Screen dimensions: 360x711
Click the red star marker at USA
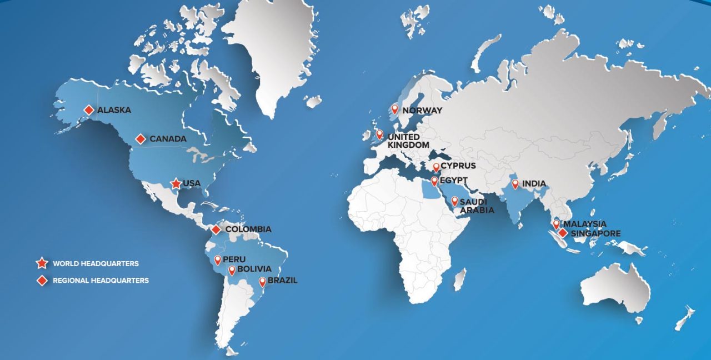point(176,183)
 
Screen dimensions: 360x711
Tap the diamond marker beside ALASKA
point(89,110)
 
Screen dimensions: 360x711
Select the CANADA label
point(168,139)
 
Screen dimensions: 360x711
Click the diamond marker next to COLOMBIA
point(216,229)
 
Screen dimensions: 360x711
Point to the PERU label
point(234,259)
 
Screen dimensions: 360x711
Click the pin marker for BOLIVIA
point(232,271)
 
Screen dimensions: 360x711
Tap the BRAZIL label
point(282,281)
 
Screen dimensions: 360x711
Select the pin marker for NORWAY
point(395,109)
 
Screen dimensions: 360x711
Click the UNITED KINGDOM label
point(408,141)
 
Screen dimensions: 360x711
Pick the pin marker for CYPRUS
point(436,167)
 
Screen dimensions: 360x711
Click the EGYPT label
point(454,181)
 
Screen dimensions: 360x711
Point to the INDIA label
point(533,184)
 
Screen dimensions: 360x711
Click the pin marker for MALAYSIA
point(556,224)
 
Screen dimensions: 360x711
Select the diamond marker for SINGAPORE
point(563,233)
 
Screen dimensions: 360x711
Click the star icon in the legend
point(42,263)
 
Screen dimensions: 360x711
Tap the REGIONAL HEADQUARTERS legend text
point(101,281)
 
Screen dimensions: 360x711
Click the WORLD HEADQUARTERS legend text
point(96,263)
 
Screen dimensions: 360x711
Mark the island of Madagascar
point(459,279)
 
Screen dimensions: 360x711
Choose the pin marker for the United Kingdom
point(379,134)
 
